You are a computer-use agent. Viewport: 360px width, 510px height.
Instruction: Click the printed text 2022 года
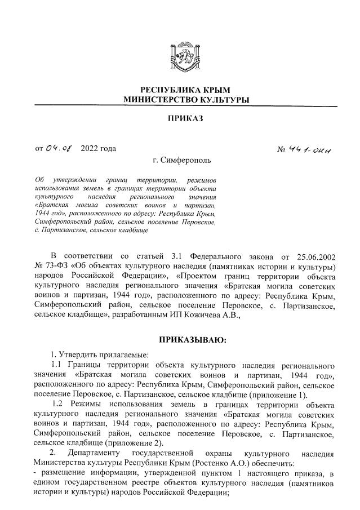click(99, 149)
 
